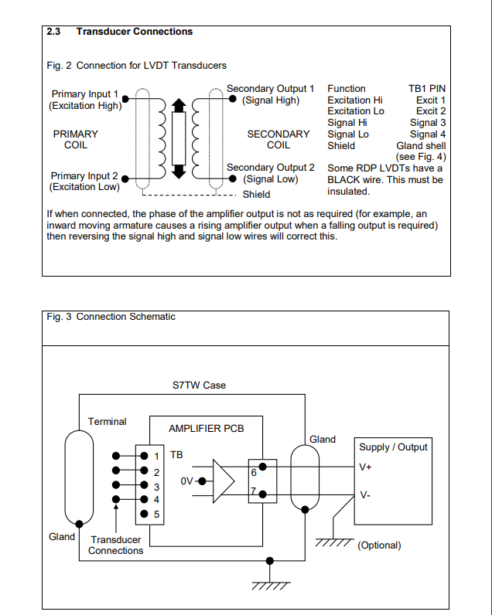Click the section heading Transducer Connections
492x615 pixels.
[x=134, y=32]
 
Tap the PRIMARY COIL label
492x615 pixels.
[x=75, y=139]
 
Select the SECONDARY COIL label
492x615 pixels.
[x=278, y=139]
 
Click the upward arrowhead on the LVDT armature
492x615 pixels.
[x=178, y=106]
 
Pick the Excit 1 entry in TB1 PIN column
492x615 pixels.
[x=430, y=100]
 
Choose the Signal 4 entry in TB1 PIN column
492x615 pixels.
[x=428, y=134]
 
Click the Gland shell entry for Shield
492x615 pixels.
[x=421, y=145]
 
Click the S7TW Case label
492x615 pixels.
[x=199, y=385]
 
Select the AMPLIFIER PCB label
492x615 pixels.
[x=206, y=428]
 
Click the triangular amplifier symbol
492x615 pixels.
[x=224, y=481]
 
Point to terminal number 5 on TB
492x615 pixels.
[x=156, y=515]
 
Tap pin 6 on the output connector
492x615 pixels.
[x=254, y=471]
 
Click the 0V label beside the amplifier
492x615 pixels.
[x=187, y=481]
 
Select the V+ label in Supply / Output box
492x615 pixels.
[x=365, y=467]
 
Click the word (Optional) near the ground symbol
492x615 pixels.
[x=379, y=545]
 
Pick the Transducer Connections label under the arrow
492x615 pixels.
[x=116, y=545]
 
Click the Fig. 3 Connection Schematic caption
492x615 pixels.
[x=110, y=317]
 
